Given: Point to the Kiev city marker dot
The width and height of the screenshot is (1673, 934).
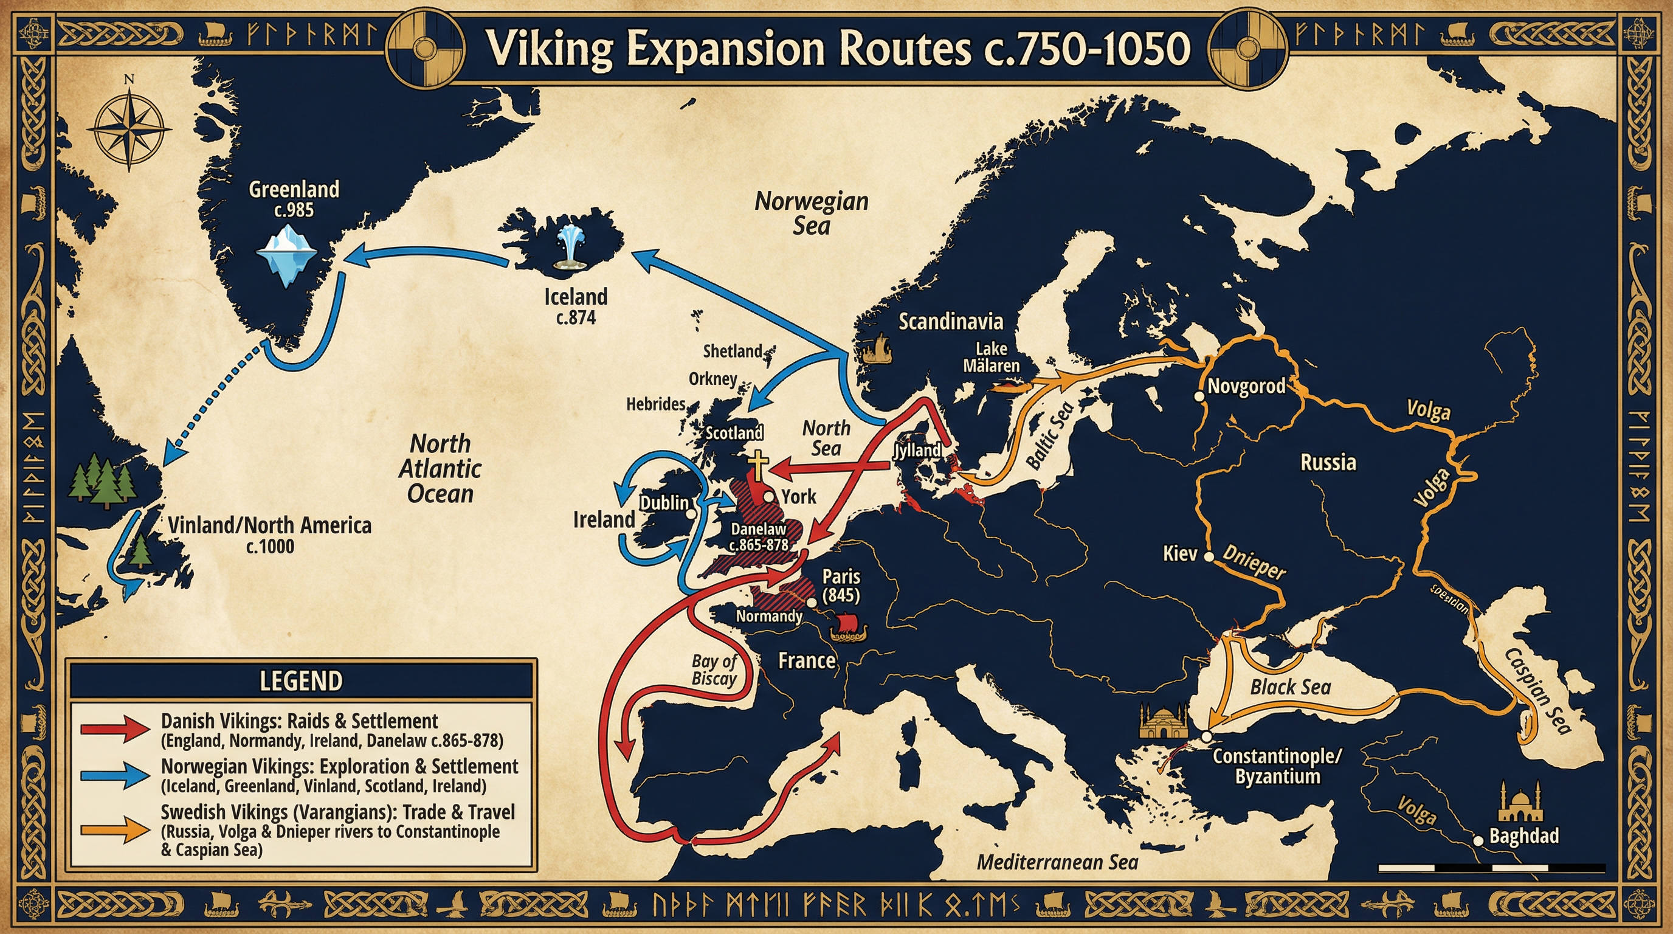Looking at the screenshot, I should click(1209, 556).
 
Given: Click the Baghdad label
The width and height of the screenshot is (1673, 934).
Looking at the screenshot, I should click(1523, 836).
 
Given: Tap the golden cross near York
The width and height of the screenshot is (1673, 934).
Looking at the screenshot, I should click(758, 465).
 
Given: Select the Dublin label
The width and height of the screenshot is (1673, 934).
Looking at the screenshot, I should click(664, 502).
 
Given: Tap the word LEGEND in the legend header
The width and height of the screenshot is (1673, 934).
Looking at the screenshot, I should click(301, 680).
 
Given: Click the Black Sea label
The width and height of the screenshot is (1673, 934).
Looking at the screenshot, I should click(1291, 687).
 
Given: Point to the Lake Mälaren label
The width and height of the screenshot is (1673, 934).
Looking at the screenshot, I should click(991, 357).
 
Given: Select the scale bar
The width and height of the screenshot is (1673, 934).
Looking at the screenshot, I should click(1491, 868).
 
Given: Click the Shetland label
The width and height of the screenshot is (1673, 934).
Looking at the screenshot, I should click(733, 351).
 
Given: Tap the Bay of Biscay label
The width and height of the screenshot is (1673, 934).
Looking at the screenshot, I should click(714, 670).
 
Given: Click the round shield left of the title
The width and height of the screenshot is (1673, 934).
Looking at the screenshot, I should click(426, 50).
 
